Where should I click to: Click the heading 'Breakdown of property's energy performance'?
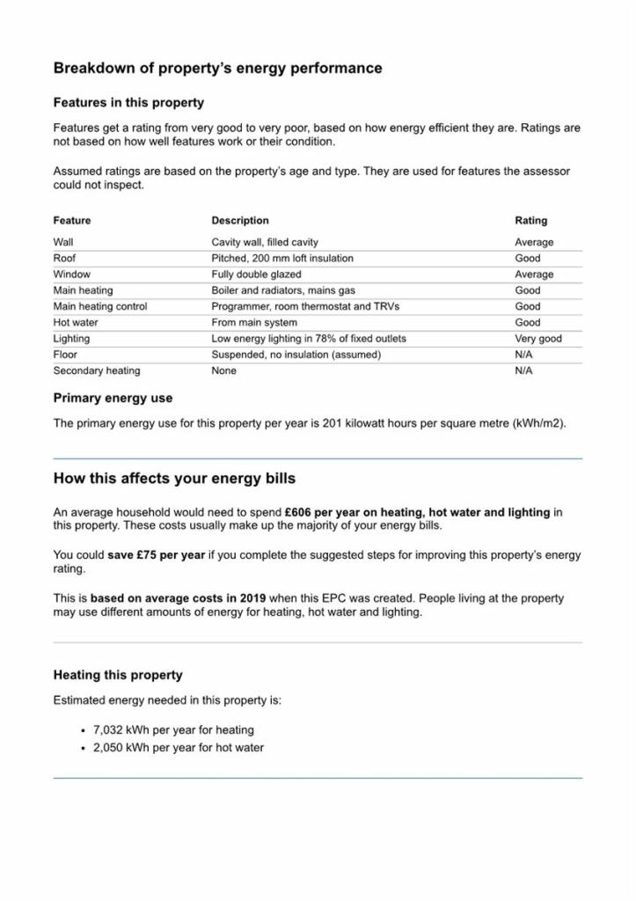click(217, 69)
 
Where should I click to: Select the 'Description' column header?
click(240, 221)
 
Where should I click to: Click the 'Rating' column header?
click(530, 221)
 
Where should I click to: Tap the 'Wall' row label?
click(63, 242)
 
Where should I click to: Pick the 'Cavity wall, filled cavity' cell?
click(265, 242)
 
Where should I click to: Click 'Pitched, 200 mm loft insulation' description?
click(282, 259)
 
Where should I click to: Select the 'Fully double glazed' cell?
click(256, 275)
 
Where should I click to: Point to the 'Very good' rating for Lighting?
click(537, 339)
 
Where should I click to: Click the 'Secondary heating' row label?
click(96, 370)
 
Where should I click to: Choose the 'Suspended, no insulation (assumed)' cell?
click(296, 355)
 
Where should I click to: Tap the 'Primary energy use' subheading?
click(113, 399)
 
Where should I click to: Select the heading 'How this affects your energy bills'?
click(174, 480)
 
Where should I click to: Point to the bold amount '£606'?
click(301, 512)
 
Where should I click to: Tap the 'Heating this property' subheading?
click(118, 676)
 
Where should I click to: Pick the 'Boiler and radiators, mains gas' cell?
click(283, 290)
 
